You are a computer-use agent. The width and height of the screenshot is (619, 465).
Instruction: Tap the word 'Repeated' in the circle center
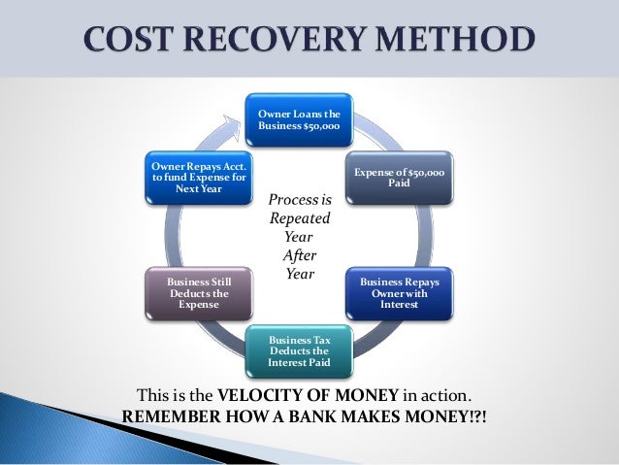click(298, 219)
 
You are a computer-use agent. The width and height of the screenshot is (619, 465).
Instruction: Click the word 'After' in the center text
click(299, 256)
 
